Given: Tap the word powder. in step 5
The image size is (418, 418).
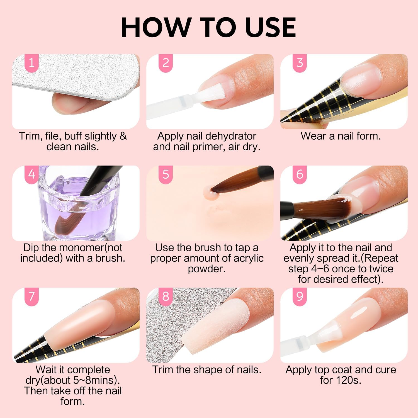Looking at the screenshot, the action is click(206, 269).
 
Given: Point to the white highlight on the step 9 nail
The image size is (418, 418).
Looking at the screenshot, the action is click(358, 313).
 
